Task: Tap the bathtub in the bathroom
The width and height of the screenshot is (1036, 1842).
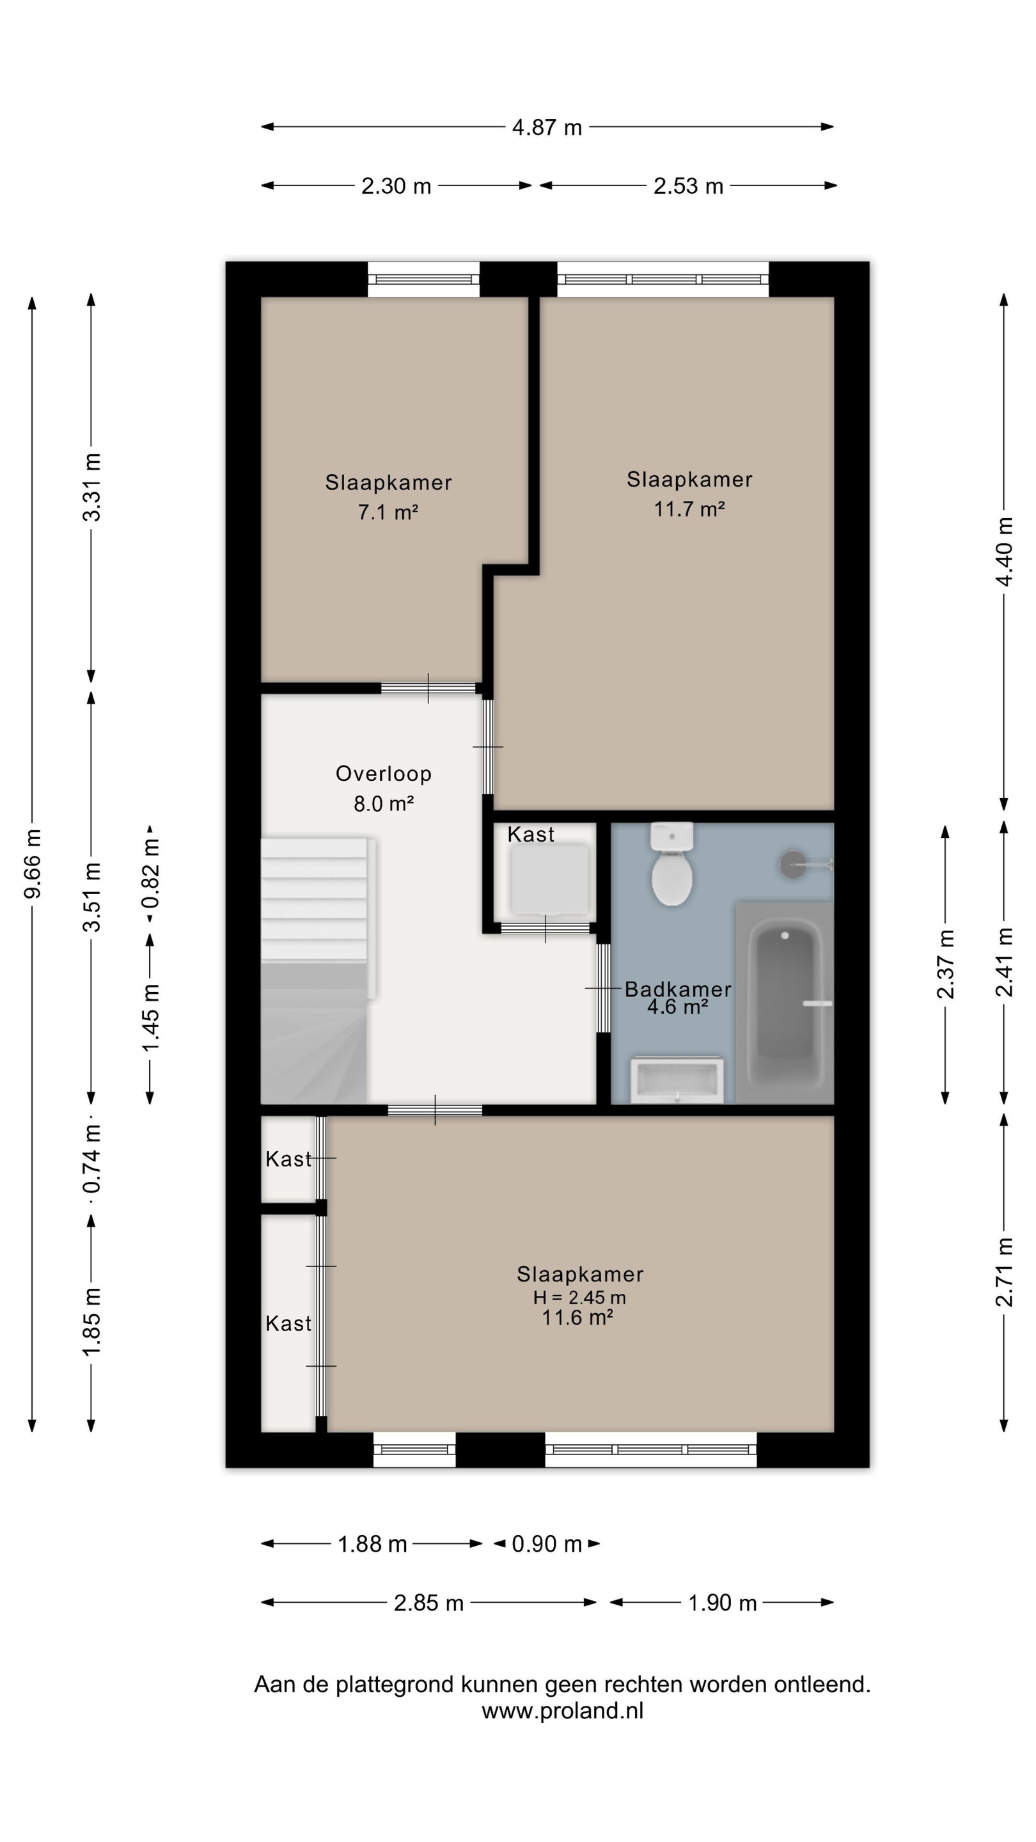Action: pyautogui.click(x=784, y=1002)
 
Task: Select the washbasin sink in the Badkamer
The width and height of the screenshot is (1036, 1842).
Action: pyautogui.click(x=677, y=1079)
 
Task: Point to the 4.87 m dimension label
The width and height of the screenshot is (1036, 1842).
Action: pyautogui.click(x=547, y=127)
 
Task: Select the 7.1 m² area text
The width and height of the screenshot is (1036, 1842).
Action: pyautogui.click(x=388, y=512)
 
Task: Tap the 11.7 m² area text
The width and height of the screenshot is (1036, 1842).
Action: pyautogui.click(x=689, y=509)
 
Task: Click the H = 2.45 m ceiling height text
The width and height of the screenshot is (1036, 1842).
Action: pyautogui.click(x=579, y=1297)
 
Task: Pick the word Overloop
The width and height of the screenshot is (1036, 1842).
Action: pyautogui.click(x=383, y=774)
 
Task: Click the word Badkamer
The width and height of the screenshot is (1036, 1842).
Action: pyautogui.click(x=678, y=989)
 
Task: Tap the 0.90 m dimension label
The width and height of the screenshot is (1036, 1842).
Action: pyautogui.click(x=547, y=1544)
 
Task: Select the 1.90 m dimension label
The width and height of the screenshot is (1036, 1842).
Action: pyautogui.click(x=722, y=1602)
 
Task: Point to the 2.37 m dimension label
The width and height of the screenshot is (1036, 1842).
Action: pyautogui.click(x=945, y=963)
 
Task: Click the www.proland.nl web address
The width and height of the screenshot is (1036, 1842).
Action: pyautogui.click(x=563, y=1711)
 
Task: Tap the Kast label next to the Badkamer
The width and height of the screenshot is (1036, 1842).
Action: pyautogui.click(x=531, y=835)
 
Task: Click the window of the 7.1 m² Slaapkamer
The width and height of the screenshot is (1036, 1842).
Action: pyautogui.click(x=423, y=279)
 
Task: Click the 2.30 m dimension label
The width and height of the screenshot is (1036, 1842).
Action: pyautogui.click(x=396, y=186)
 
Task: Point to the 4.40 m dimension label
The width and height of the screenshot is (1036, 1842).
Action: pyautogui.click(x=1004, y=551)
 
